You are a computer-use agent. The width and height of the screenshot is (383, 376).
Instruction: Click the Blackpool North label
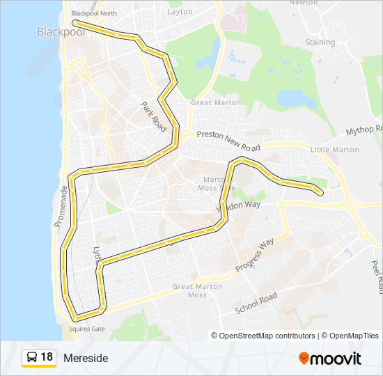tap(95, 13)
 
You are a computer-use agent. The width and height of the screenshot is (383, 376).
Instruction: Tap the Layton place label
tap(180, 12)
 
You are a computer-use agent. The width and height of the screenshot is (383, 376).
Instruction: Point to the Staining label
tap(320, 42)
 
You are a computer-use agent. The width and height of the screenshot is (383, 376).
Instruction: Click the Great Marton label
tap(216, 103)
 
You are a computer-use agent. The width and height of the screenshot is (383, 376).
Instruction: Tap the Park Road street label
tap(153, 115)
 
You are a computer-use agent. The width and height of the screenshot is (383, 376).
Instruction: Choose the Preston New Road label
tap(228, 141)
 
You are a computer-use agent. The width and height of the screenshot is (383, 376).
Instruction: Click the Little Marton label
tap(334, 150)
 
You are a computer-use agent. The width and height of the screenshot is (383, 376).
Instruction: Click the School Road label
tap(256, 304)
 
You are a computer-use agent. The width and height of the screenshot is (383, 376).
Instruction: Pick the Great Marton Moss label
tap(190, 290)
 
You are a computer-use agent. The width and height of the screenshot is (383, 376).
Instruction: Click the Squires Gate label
tap(86, 329)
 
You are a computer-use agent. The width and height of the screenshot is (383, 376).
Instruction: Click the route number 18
tap(47, 357)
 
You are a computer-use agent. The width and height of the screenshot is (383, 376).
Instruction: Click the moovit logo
tap(330, 358)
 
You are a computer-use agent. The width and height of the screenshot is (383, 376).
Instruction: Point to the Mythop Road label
tap(365, 130)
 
